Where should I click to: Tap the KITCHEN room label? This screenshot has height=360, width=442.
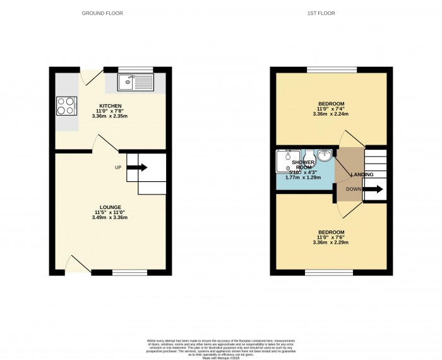click(x=110, y=106)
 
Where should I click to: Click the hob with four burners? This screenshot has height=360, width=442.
click(x=66, y=106)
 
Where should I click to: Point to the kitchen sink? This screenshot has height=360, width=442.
click(x=136, y=81)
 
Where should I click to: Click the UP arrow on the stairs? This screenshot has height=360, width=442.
click(x=138, y=167)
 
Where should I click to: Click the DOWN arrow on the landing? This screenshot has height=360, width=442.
click(x=372, y=189)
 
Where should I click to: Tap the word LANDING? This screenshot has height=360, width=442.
click(x=362, y=175)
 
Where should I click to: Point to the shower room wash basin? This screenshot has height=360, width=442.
click(x=325, y=155)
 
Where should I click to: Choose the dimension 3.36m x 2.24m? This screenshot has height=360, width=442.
click(x=331, y=114)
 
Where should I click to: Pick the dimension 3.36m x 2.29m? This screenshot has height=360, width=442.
click(x=331, y=243)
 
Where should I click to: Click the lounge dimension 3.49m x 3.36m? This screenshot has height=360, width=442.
click(x=110, y=218)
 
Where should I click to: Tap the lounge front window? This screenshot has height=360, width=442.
click(x=129, y=272)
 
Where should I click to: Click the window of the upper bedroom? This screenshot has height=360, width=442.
click(x=331, y=69)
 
